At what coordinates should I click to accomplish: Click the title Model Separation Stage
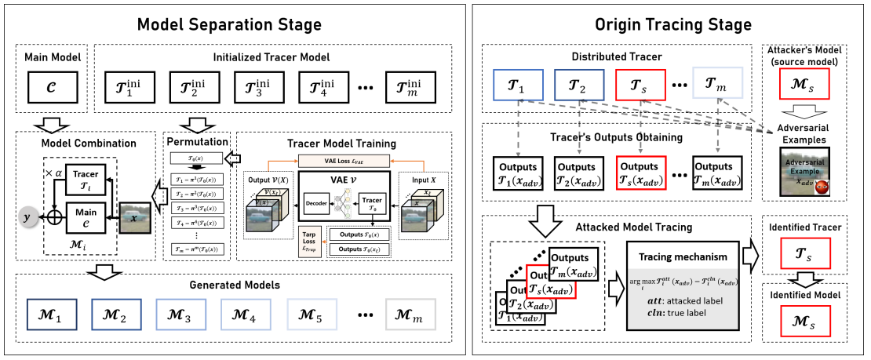tap(229, 24)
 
